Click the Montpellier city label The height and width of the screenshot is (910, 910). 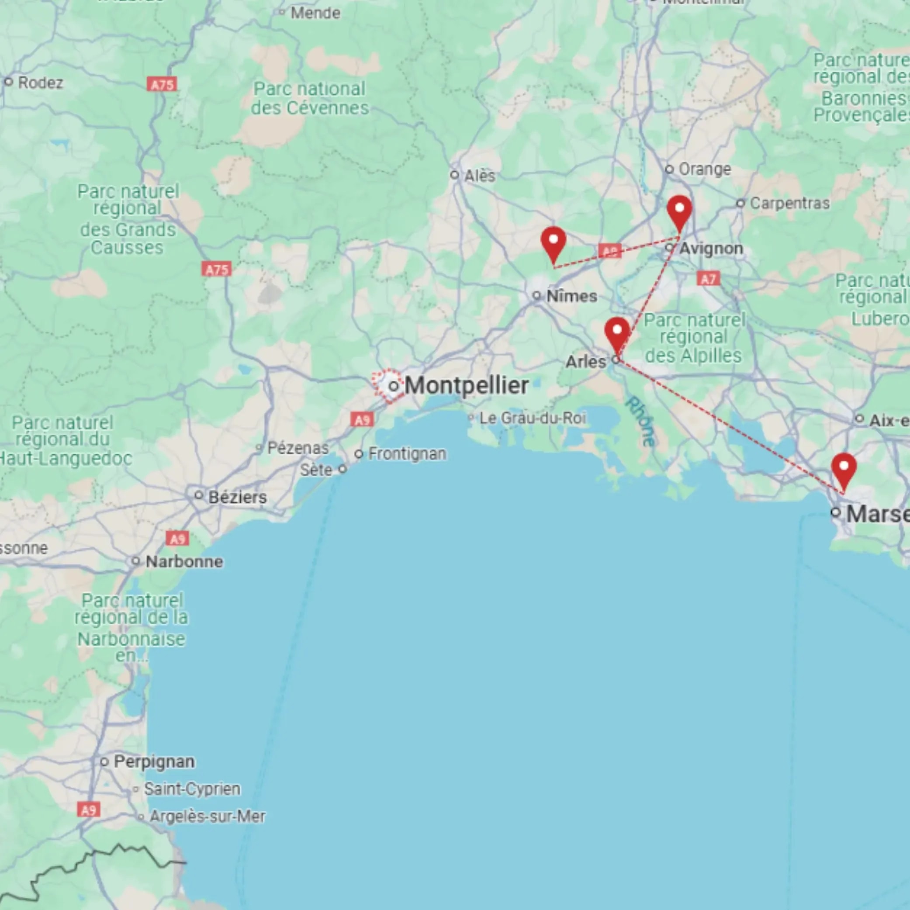coord(466,386)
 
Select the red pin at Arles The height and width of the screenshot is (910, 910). coord(617,333)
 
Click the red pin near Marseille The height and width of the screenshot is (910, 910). coord(844,469)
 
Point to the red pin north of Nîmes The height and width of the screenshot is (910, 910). coord(554,242)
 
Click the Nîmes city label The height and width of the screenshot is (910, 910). coord(571,296)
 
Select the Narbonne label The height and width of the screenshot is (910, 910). coord(184,561)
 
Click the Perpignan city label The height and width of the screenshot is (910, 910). coord(154,761)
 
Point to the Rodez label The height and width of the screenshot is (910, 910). coord(40,83)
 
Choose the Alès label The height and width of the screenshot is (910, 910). coord(480,176)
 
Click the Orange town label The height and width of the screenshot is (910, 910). coord(705,169)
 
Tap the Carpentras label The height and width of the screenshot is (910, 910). coord(789,204)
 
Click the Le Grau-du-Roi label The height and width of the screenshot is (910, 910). coord(532,418)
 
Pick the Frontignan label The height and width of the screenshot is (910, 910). coord(407,454)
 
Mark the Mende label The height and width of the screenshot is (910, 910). coord(315,13)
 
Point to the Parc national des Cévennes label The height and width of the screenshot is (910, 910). coord(309,98)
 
